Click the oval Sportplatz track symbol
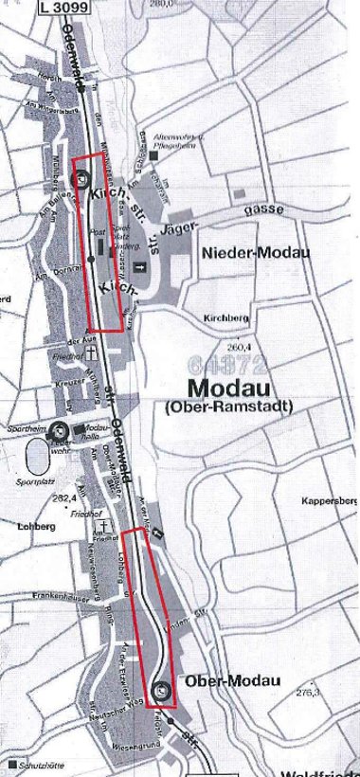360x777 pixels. tap(36, 459)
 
